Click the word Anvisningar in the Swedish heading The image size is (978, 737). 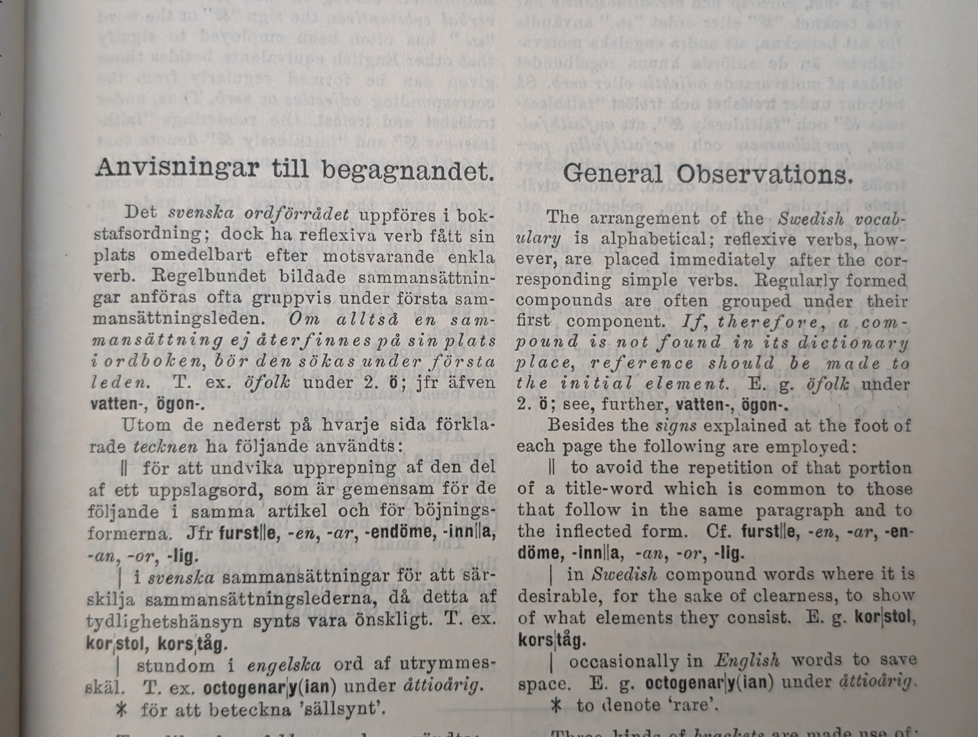177,168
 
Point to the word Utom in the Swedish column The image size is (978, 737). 146,425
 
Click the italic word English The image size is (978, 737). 746,660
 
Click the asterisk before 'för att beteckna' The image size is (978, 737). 121,709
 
